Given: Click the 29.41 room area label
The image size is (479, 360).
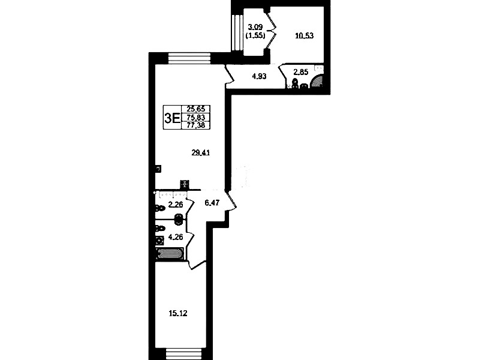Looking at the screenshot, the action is [x=200, y=153].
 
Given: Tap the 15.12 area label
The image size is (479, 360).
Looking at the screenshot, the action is [x=178, y=313].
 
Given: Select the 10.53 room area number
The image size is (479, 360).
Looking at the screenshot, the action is [x=305, y=36].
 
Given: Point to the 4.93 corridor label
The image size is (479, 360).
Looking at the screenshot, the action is [x=259, y=76].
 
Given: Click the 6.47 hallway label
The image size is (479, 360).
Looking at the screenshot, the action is [x=212, y=202].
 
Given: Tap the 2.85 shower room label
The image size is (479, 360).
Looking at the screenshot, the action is [x=300, y=72].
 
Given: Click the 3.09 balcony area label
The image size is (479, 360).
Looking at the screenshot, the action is [x=255, y=27].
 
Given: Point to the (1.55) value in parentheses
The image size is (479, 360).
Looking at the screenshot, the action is [x=255, y=36].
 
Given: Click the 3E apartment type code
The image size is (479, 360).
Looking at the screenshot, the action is [x=172, y=118].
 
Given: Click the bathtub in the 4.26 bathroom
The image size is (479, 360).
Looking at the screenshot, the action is [x=170, y=254].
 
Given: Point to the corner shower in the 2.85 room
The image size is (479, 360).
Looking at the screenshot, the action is [x=317, y=82].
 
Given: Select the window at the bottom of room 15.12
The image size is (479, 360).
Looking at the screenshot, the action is [x=184, y=354].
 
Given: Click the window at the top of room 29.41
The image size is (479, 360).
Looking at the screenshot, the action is [x=189, y=58].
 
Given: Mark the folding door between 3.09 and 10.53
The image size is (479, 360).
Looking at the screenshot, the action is [x=271, y=31].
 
